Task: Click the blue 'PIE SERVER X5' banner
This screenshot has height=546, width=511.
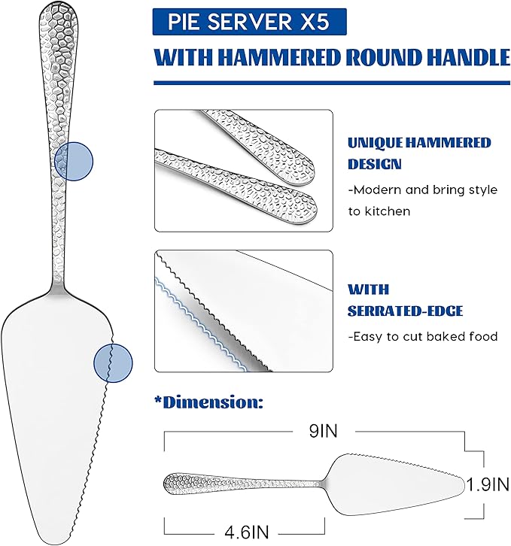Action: coord(249,22)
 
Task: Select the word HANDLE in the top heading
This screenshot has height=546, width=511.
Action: coord(469,57)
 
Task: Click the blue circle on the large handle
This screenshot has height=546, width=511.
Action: coord(74,161)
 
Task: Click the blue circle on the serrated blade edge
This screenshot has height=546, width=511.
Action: coord(114,363)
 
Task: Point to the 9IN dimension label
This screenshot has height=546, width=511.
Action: coord(323,431)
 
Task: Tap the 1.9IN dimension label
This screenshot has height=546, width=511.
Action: coord(488,484)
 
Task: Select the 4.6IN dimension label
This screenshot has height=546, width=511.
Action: coord(247,532)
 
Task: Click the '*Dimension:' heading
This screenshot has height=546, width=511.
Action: coord(208,402)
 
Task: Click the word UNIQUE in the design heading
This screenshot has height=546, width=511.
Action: coord(375,143)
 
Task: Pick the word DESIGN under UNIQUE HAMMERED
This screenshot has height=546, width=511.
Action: coord(375,164)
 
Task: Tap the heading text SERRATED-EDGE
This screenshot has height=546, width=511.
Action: coord(406,311)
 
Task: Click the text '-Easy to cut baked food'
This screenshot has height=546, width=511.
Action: coord(423,337)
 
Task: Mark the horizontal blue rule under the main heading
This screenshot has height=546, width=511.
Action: coord(332,83)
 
